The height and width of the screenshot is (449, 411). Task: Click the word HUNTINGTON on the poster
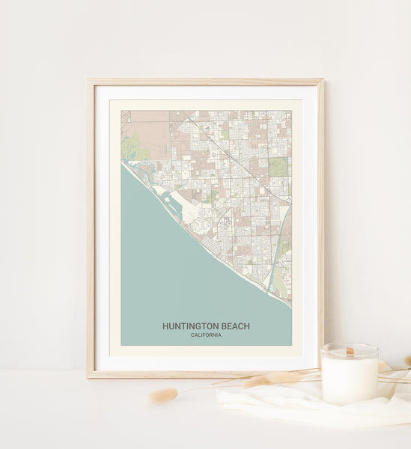coord(189,326)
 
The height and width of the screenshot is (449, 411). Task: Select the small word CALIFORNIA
coord(206,335)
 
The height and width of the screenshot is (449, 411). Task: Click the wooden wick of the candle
coord(349,350)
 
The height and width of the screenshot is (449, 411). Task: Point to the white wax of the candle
coord(349,379)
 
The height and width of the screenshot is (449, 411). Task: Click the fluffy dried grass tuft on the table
coord(164,395)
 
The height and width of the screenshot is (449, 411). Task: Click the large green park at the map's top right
coord(278,166)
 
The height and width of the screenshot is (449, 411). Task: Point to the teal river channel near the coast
coord(280,239)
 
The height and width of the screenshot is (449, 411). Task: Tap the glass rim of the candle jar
coord(349,346)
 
